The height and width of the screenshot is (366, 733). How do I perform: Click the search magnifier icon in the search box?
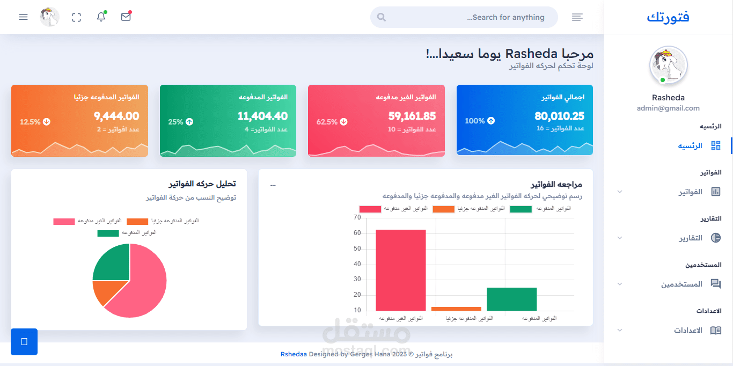pos(382,17)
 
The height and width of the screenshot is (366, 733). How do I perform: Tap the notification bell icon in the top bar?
pos(101,17)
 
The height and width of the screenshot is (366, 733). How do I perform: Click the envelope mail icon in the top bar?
pos(126,17)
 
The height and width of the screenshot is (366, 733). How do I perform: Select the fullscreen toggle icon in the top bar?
pos(76,17)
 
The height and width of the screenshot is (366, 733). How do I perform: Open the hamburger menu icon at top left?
pos(23,17)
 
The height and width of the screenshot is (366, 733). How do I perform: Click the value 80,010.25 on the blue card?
pos(559,116)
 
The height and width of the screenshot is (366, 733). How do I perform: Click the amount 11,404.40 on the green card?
pos(262,116)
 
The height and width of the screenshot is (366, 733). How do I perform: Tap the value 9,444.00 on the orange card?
pos(116,116)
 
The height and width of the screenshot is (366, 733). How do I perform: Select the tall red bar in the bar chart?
pos(401,270)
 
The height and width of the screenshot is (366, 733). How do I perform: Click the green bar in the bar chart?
pos(511,299)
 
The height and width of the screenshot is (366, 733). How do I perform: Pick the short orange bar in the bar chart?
pos(456,309)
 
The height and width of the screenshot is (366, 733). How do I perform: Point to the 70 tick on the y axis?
pos(357,217)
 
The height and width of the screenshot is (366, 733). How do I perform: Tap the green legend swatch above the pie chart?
pos(108,233)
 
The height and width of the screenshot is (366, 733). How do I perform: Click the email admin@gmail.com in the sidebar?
pos(668,108)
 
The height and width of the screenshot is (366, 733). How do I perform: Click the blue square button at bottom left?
pos(24,342)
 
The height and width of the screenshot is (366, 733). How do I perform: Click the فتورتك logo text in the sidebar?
pos(668,17)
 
